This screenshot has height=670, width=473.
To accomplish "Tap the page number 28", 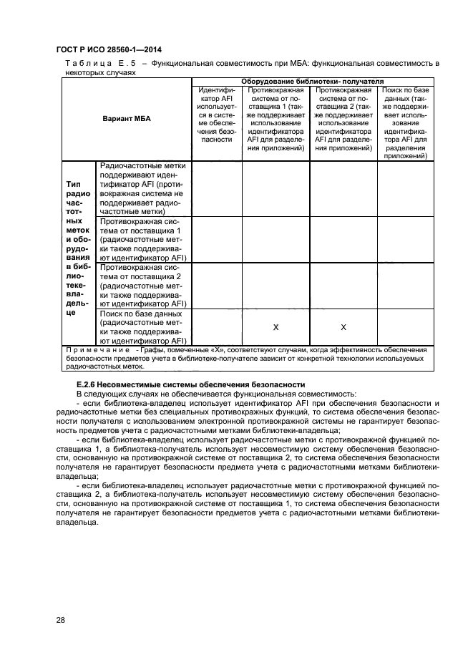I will click(61, 619).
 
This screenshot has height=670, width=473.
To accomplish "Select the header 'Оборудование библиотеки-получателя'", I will click(312, 82).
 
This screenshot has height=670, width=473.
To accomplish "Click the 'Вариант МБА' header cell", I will click(127, 117).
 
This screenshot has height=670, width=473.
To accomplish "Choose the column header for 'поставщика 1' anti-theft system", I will click(275, 120).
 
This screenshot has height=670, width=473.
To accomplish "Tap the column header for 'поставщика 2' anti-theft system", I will click(343, 120).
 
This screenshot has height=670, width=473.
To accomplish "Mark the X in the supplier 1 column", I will click(275, 327).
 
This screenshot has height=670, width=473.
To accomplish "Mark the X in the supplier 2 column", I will click(343, 327).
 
